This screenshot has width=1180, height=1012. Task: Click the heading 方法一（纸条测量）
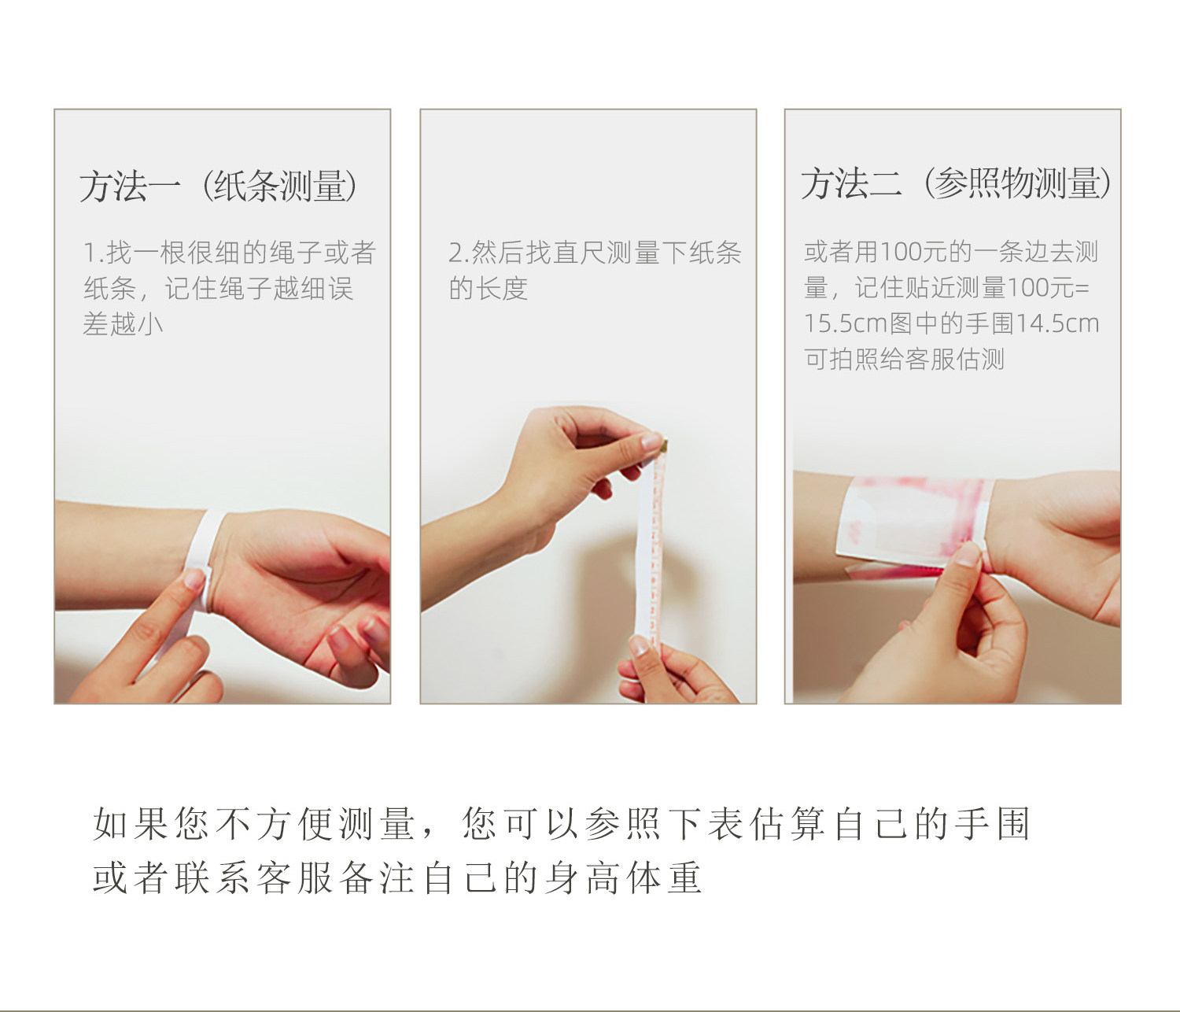point(218,187)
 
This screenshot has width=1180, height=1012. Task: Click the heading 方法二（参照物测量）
point(956,183)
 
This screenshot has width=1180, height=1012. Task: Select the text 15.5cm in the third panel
point(845,323)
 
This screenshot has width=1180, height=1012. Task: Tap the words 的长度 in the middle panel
point(488,288)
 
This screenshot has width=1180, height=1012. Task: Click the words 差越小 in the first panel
point(123,323)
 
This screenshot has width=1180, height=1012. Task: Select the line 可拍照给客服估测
point(904,359)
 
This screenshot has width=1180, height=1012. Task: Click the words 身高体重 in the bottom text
point(623,877)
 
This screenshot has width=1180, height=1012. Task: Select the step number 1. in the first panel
point(94,253)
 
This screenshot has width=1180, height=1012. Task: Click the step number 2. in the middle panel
point(459,253)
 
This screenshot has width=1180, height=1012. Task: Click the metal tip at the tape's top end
point(664,444)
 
